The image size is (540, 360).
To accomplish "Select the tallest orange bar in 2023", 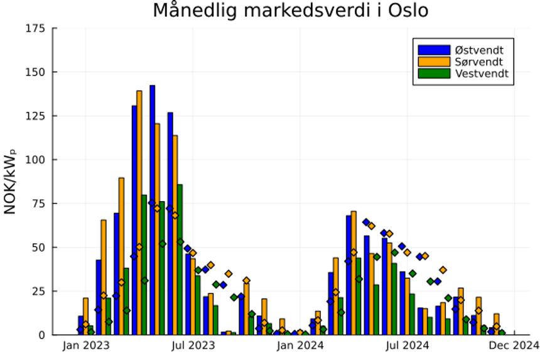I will click(139, 214).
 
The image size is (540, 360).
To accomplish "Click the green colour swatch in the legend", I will click(434, 73).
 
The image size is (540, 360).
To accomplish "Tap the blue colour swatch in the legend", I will click(434, 49).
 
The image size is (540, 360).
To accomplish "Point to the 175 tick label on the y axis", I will click(35, 28).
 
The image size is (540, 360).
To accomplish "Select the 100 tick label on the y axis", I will click(35, 160).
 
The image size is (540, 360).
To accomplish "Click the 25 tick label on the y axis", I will click(38, 291).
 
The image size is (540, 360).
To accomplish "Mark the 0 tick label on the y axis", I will click(41, 335).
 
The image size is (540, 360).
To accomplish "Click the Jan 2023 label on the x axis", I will click(85, 345).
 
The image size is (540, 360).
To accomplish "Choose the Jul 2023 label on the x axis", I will click(193, 345).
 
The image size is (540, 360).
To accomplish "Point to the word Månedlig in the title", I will click(192, 11).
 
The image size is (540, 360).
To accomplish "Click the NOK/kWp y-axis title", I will click(11, 182).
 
